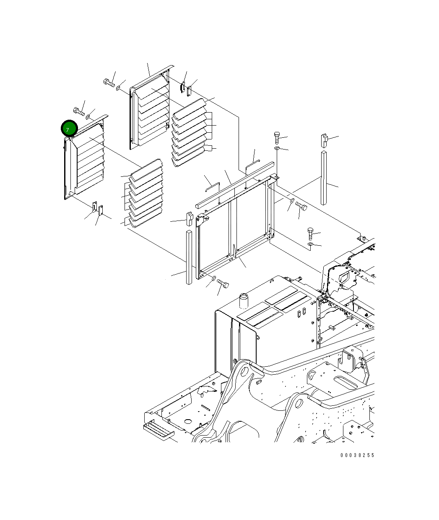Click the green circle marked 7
point(69,129)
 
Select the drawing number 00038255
point(357,455)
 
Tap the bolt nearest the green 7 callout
point(79,111)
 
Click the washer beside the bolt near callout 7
point(88,117)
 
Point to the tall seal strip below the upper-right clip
point(324,178)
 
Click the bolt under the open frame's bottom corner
point(223,284)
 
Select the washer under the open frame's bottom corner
point(214,278)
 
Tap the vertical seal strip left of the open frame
point(189,257)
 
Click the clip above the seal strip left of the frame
point(190,219)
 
